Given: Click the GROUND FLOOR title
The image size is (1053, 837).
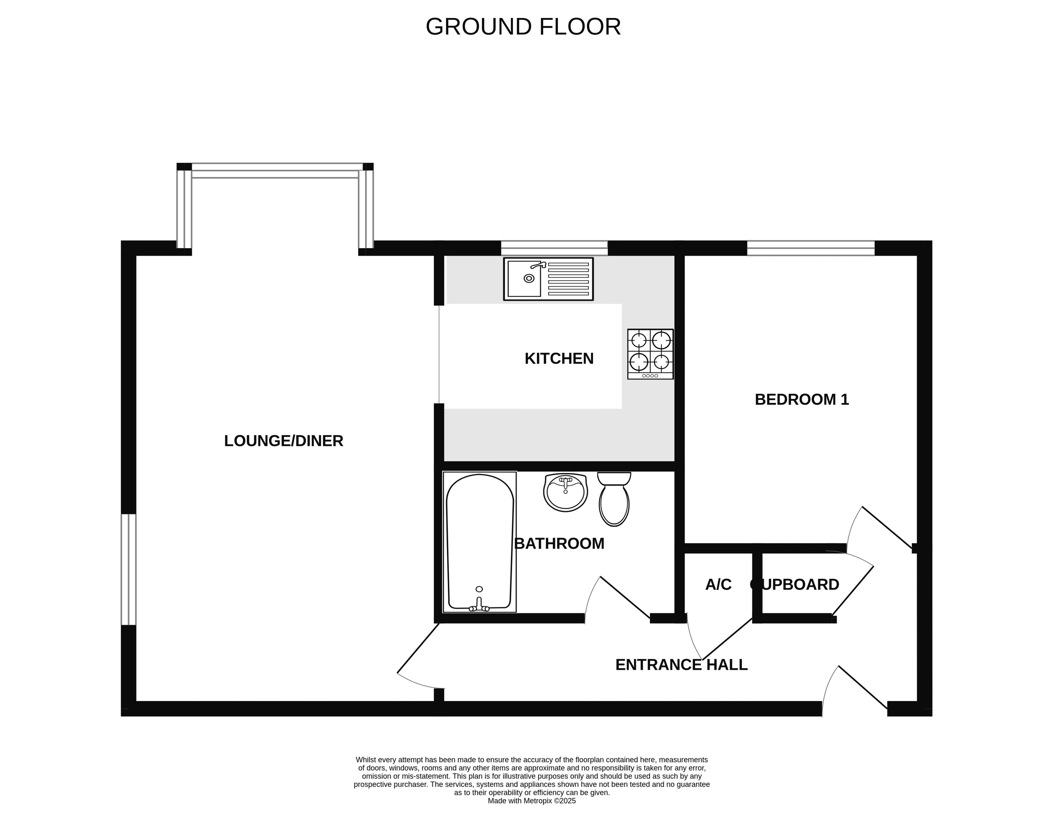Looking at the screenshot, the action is (523, 27).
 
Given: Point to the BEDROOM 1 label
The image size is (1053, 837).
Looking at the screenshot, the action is (802, 400).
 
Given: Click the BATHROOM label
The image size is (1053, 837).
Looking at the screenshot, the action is (559, 544).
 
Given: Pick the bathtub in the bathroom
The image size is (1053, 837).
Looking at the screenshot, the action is (480, 542).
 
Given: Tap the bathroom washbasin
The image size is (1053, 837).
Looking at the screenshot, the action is (566, 492).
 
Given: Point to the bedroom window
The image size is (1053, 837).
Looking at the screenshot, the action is (811, 248).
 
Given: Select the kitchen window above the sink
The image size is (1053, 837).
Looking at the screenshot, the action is (554, 248).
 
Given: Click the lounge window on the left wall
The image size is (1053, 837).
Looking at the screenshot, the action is (129, 570).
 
